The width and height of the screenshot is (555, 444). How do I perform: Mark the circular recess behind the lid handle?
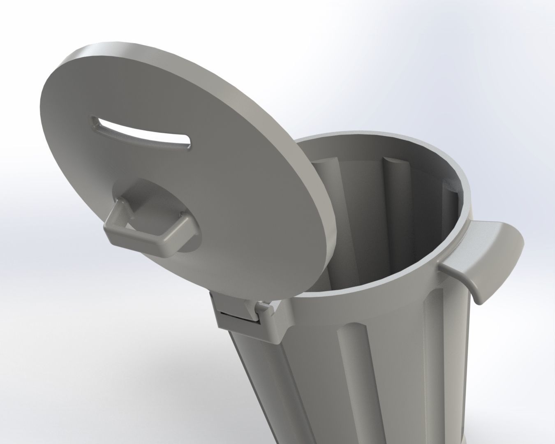click(173, 206)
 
